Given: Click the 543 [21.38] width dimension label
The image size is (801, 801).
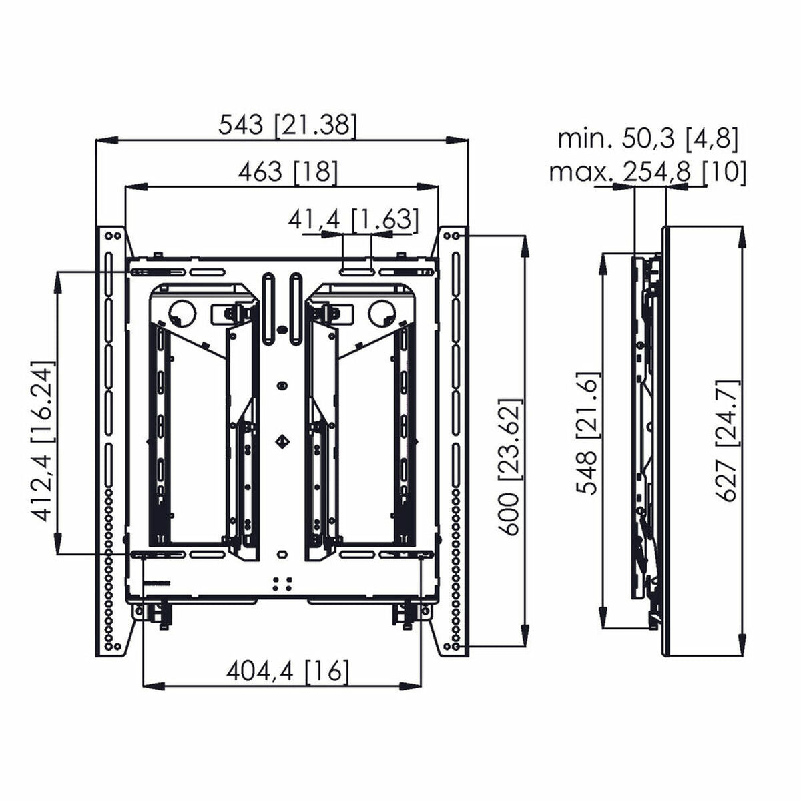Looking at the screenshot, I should (288, 125).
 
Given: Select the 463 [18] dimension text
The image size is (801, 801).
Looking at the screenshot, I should (288, 172).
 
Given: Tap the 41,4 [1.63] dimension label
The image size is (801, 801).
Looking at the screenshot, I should (353, 219).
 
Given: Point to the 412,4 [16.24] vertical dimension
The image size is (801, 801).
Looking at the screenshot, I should (41, 443).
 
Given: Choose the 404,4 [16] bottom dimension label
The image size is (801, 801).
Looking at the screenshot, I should (288, 670).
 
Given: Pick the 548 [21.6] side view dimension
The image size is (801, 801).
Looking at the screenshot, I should (588, 434).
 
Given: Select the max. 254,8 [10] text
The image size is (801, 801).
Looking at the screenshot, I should (647, 172).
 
